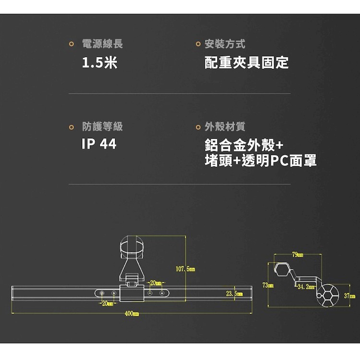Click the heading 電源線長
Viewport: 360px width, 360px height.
102,44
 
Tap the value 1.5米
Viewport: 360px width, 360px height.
99,62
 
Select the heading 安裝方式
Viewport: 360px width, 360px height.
225,44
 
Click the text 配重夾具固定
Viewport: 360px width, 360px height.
246,62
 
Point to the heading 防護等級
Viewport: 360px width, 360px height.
102,127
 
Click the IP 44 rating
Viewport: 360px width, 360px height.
99,144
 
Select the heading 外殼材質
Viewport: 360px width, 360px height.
225,127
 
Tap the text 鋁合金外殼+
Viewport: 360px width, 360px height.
244,145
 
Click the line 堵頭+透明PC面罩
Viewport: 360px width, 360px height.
261,160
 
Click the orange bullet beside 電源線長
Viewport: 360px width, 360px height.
72,44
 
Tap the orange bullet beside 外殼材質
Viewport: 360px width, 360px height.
198,127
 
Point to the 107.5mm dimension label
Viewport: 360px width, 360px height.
185,269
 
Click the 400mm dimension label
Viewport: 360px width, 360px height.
132,313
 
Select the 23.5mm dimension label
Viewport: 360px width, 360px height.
234,294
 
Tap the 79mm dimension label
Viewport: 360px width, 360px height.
298,254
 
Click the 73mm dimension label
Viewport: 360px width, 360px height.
268,285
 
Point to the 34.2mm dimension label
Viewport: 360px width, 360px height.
306,287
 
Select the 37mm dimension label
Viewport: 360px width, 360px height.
349,296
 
